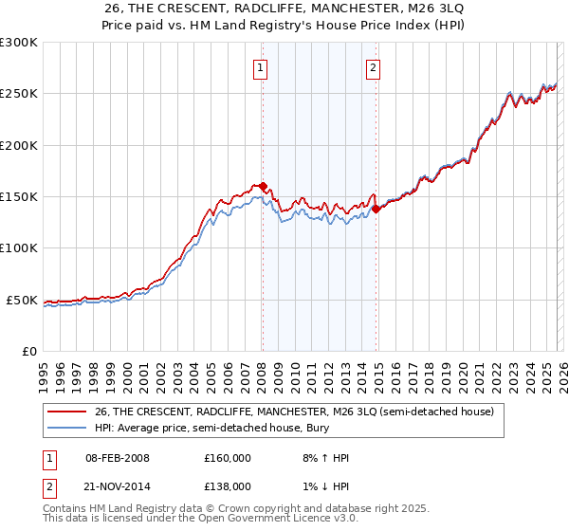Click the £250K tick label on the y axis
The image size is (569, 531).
pos(19,94)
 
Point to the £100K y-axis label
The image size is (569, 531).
pos(19,247)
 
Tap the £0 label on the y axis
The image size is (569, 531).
pos(28,351)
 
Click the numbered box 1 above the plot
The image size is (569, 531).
pos(260,67)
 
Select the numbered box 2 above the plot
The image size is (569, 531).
pos(374,67)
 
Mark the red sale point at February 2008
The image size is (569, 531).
pos(263,187)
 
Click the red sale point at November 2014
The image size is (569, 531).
pos(376,209)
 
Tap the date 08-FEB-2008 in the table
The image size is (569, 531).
pos(117,458)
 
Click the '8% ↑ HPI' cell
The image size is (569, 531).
pos(324,458)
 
